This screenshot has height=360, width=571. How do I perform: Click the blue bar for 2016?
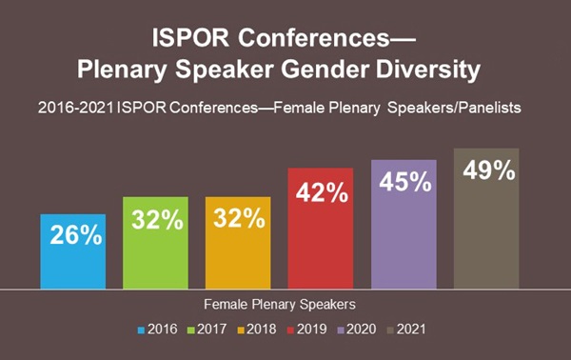point(72,252)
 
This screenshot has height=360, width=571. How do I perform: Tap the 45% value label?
point(404,179)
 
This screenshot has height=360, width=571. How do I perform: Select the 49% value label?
point(487,171)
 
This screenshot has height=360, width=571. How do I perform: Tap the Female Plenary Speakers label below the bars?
point(279,307)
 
